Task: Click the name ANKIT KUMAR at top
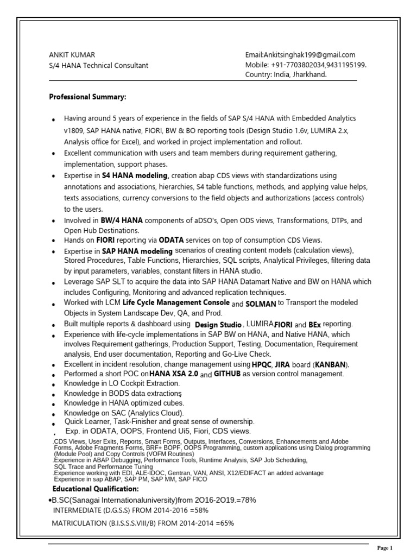[72, 55]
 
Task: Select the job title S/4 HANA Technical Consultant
[98, 65]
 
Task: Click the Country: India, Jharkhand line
[286, 75]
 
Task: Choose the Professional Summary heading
[87, 97]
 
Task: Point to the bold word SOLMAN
[262, 302]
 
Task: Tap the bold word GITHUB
[227, 375]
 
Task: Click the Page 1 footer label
[384, 548]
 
